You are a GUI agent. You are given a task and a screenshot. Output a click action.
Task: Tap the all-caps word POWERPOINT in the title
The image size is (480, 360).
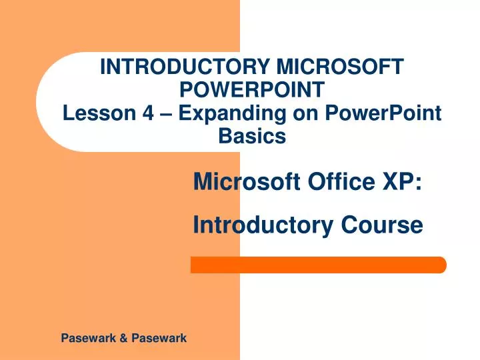point(253,89)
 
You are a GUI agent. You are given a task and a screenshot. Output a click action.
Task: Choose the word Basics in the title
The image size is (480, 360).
point(253,136)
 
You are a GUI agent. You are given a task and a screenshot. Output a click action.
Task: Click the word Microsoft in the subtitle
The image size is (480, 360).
point(248,181)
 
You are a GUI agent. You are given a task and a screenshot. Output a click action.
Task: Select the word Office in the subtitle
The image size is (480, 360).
point(343,181)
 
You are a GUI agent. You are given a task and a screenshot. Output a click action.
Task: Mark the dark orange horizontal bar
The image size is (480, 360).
point(318,265)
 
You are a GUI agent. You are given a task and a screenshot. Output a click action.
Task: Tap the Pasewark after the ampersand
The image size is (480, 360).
point(159,339)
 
